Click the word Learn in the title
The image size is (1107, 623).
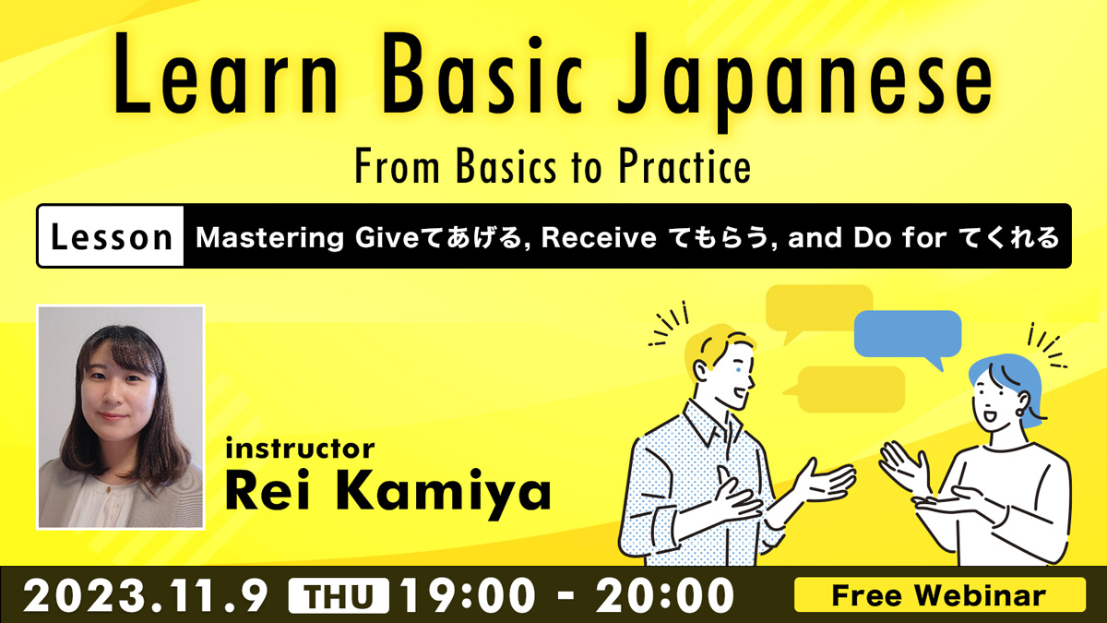pos(226,74)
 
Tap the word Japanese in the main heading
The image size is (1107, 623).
pos(804,81)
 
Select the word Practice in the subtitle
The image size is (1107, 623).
pos(684,167)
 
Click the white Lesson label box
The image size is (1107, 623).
pos(111,236)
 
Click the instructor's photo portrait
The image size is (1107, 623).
pos(121,417)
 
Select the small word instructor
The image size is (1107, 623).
pos(300,449)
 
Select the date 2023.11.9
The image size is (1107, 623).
pos(146,596)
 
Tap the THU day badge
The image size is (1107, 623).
pos(339,596)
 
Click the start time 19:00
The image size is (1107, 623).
pos(468,596)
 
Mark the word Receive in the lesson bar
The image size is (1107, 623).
pos(599,237)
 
